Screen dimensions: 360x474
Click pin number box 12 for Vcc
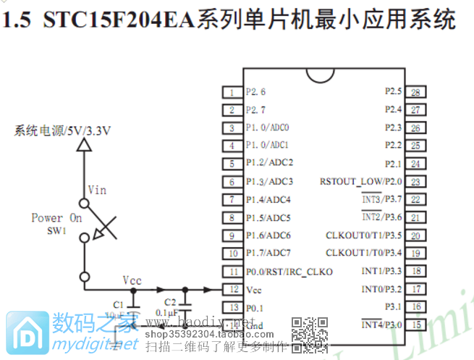[232, 289]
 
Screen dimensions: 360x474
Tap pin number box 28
[415, 92]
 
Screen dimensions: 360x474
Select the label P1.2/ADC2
[269, 163]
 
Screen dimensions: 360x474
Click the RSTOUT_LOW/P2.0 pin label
[360, 181]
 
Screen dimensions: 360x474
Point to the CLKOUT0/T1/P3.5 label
[364, 235]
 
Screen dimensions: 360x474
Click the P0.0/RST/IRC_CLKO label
[289, 272]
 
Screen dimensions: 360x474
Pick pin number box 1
[232, 92]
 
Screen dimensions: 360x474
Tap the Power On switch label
[57, 217]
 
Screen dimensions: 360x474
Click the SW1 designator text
[56, 230]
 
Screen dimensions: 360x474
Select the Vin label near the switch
[97, 190]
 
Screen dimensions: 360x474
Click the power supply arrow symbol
[85, 146]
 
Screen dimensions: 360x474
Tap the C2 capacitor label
[170, 302]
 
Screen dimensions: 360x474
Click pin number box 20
[415, 235]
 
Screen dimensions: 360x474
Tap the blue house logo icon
[25, 332]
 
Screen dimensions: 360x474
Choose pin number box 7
[232, 199]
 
